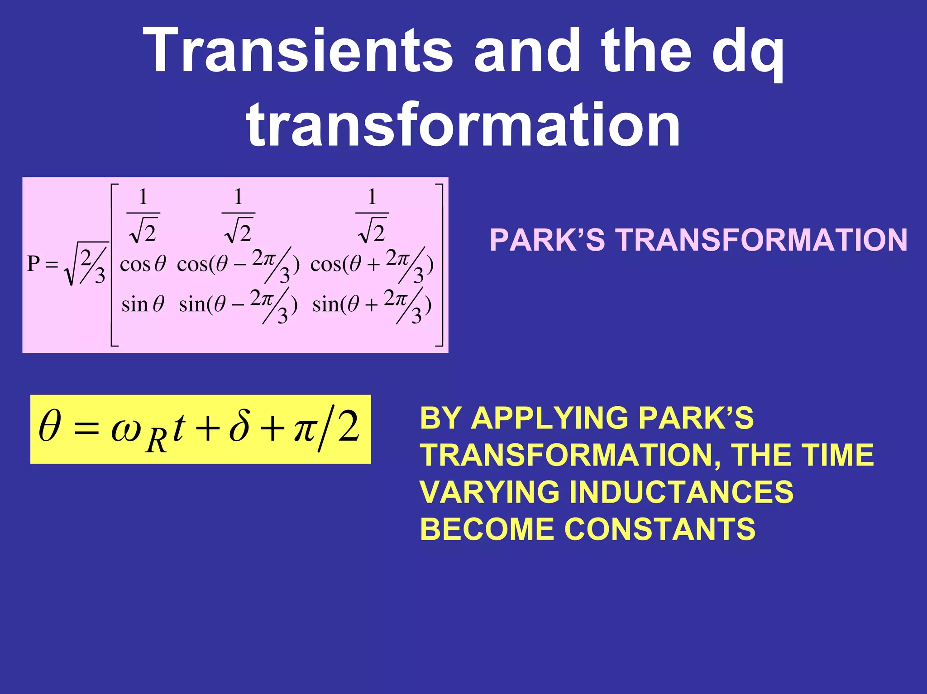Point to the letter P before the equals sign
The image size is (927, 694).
point(33,264)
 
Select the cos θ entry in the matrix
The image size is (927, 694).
point(142,264)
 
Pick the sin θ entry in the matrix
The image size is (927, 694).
point(142,304)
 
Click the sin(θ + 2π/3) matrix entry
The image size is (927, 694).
point(372,304)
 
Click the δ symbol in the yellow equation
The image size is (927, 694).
point(239,426)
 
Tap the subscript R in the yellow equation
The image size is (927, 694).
point(157,441)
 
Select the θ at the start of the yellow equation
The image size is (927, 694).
point(49,426)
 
